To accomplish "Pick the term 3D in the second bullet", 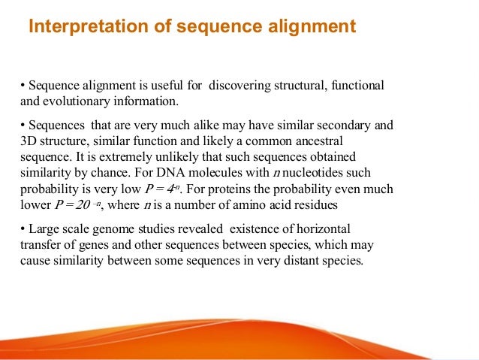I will click(x=29, y=139).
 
